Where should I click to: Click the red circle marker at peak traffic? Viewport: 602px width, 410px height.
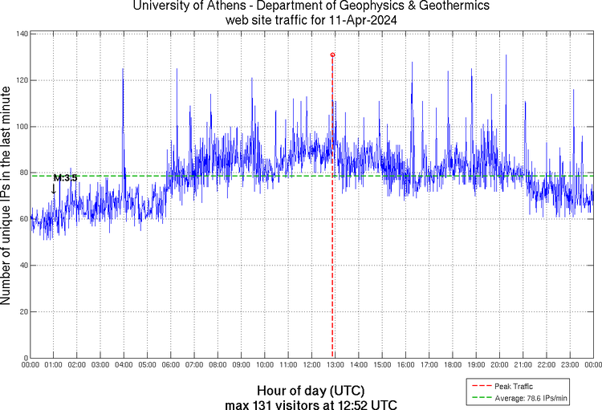click(332, 55)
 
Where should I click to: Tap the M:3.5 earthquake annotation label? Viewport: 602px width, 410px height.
click(65, 177)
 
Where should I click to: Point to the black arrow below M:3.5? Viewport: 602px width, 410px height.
click(54, 189)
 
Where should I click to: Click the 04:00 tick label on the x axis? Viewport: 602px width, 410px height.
click(124, 365)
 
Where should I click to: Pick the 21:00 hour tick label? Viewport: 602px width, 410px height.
click(523, 365)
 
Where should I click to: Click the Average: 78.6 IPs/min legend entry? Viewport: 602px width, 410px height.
click(529, 398)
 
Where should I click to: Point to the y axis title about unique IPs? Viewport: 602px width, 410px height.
click(7, 196)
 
